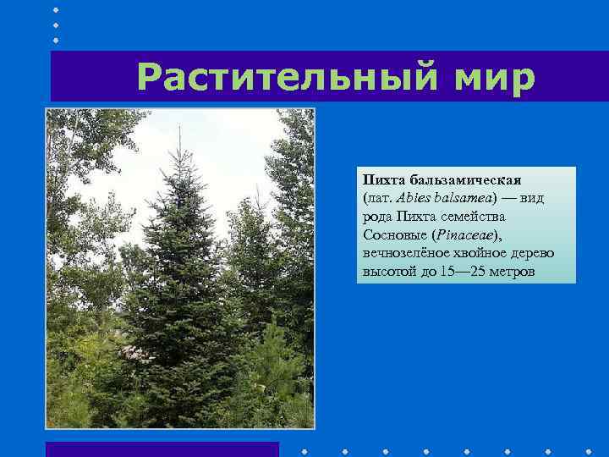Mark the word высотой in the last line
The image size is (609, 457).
pyautogui.click(x=388, y=272)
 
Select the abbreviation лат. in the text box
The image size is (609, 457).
pyautogui.click(x=376, y=198)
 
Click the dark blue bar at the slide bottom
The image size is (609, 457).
pyautogui.click(x=162, y=449)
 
